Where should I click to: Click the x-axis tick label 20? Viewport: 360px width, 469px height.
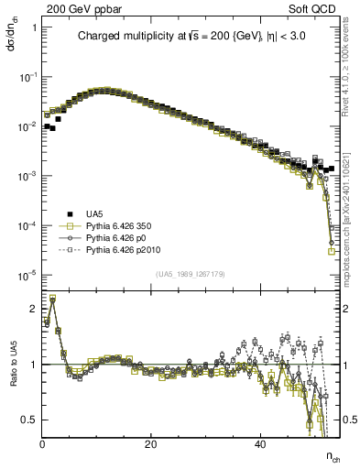coord(151,444)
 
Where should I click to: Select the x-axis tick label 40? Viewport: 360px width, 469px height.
coord(260,444)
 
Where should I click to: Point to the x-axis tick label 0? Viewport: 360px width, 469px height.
coord(43,444)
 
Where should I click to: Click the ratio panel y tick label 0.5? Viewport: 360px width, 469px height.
coord(29,420)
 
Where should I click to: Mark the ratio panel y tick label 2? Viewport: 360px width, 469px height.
coord(34,309)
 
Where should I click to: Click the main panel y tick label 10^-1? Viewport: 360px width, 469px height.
coord(27,77)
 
